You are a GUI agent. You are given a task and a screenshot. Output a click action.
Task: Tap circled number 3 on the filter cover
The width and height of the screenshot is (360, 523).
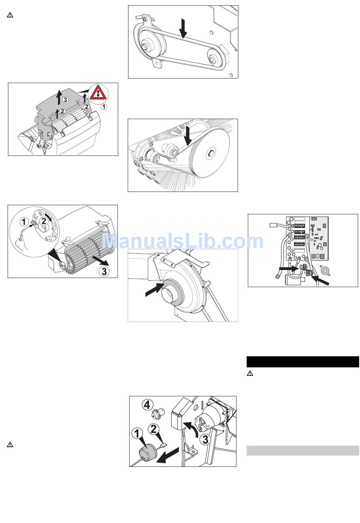pos(65,99)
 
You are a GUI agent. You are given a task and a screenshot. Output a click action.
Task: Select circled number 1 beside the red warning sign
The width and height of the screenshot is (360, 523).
pos(103,107)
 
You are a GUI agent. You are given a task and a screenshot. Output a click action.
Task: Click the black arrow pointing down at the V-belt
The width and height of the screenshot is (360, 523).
pos(183,28)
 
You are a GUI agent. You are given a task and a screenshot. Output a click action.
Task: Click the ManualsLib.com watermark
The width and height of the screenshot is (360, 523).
pos(183,241)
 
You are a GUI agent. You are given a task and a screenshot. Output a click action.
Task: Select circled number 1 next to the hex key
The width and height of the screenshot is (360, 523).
pos(23,221)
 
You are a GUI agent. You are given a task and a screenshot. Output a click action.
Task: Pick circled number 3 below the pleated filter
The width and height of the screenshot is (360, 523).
pos(104,271)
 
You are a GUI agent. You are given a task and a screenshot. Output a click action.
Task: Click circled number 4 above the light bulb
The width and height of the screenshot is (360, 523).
pos(147,405)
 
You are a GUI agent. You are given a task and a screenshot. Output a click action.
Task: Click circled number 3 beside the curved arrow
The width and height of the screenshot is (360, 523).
pos(205,440)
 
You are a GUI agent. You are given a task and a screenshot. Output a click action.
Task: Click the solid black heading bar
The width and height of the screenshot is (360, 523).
pos(303,362)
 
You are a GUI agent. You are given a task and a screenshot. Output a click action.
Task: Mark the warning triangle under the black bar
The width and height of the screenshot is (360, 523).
pos(250,373)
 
